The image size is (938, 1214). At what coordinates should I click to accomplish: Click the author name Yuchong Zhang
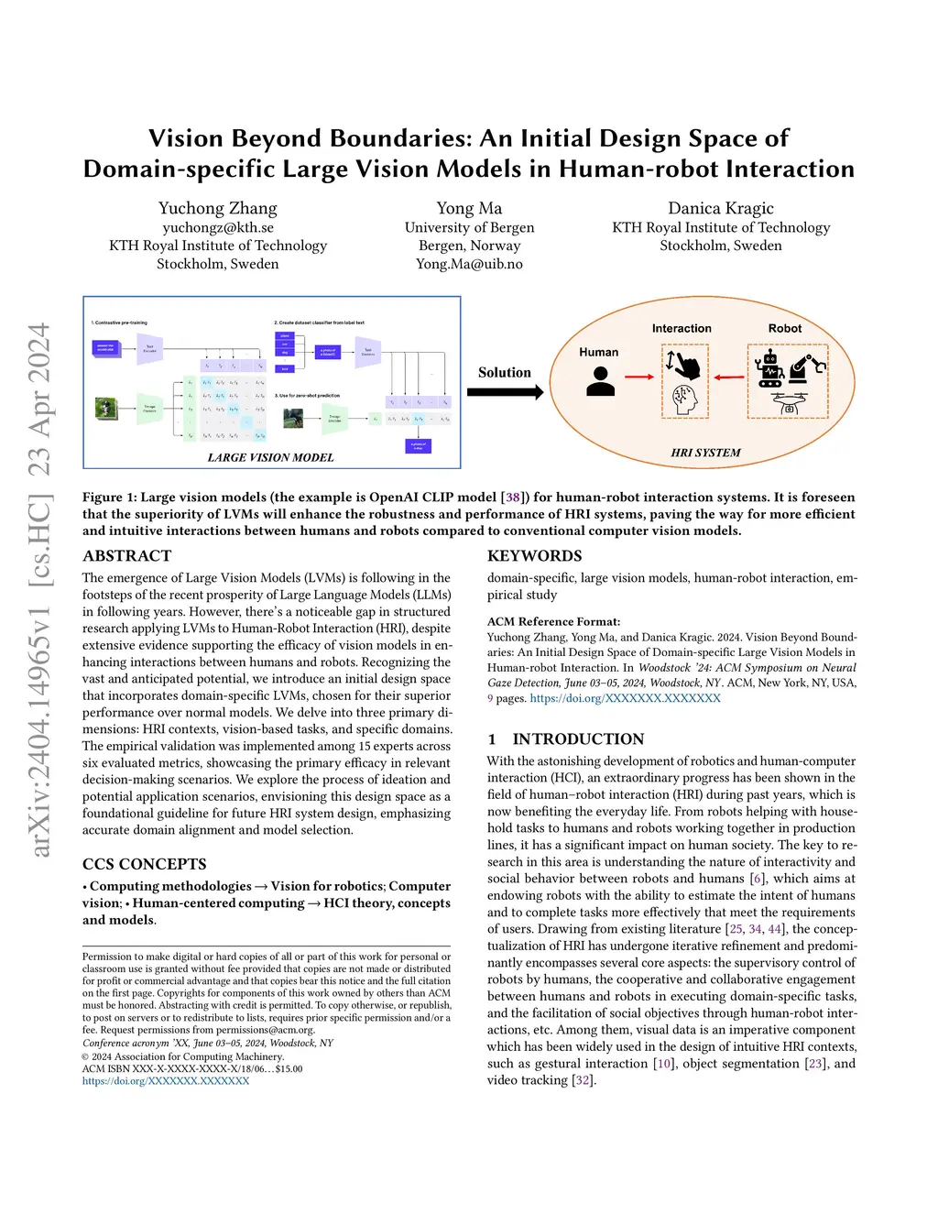pos(217,209)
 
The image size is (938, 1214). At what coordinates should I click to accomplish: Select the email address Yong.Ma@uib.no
pos(469,264)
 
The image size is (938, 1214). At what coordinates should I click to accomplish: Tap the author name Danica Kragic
pos(721,209)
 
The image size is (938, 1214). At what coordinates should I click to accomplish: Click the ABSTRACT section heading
pos(127,556)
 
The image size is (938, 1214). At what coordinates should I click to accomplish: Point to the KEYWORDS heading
pos(534,556)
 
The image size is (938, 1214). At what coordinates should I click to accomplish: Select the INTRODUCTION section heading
pos(577,739)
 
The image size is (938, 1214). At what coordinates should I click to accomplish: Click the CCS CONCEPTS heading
pos(145,864)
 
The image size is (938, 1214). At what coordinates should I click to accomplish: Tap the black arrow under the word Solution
pos(505,392)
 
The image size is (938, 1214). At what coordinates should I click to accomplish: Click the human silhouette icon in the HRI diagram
pos(600,380)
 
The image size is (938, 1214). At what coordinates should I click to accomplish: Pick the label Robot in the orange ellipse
pos(784,328)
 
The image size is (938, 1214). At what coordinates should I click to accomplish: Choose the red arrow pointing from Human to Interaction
pos(639,377)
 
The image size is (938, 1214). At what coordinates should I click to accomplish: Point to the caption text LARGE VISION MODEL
pos(270,457)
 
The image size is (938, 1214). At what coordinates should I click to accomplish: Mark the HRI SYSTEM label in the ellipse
pos(705,453)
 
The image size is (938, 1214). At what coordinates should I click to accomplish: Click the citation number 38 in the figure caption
pos(513,498)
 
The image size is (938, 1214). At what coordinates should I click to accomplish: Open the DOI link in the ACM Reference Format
pos(625,698)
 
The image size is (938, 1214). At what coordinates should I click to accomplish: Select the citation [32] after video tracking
pos(583,1080)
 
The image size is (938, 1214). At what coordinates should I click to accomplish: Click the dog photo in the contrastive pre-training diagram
pos(106,409)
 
